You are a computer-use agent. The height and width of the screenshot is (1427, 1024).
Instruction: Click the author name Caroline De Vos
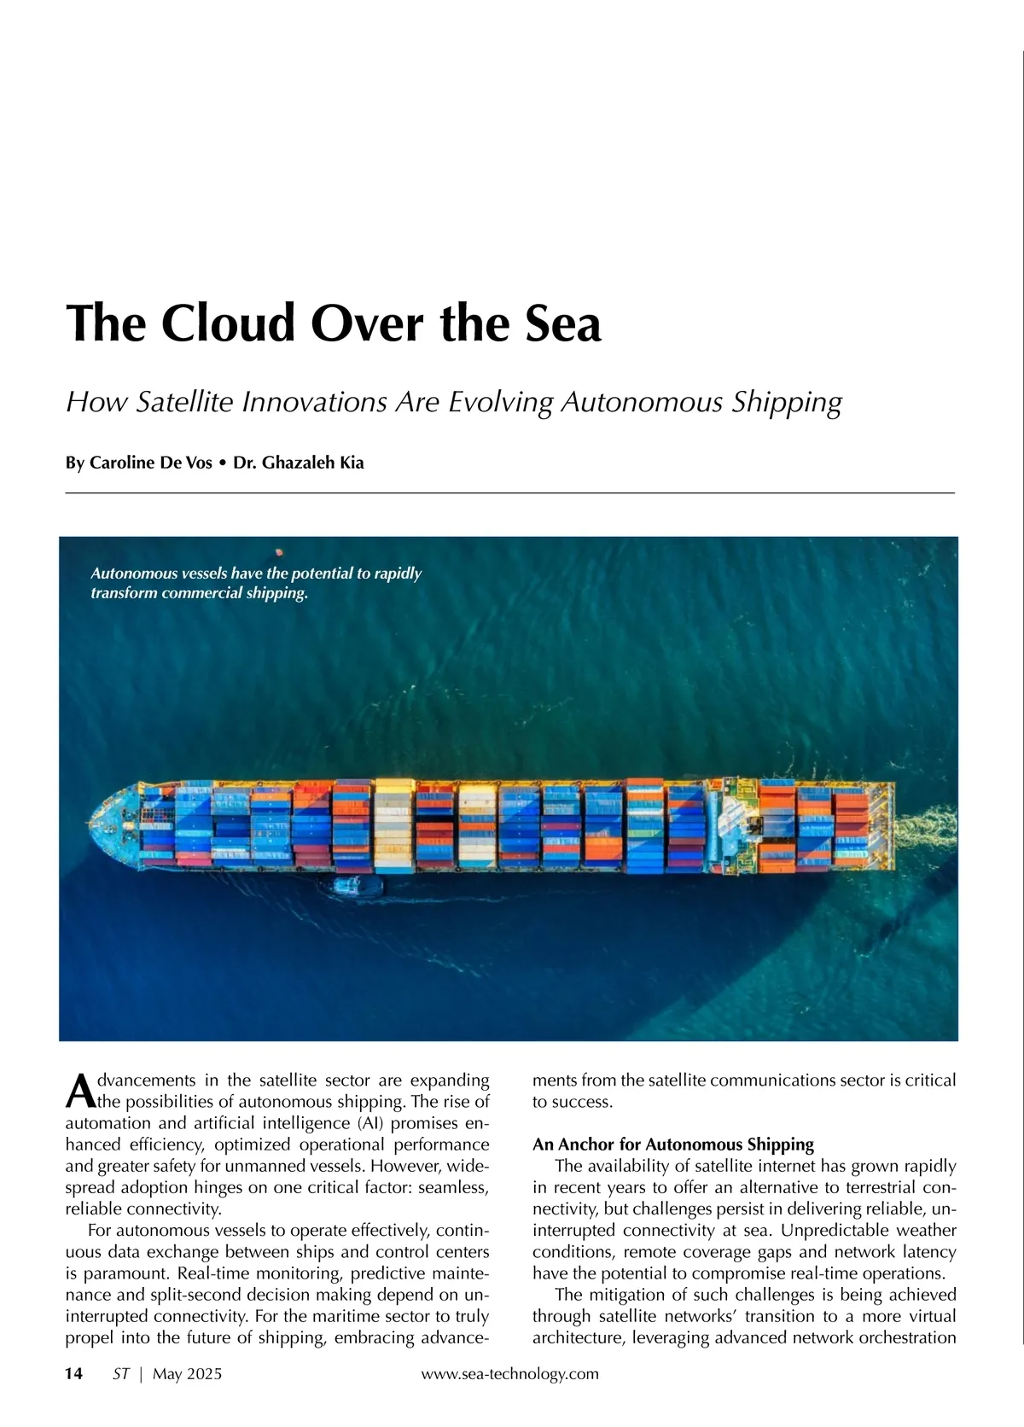pos(151,463)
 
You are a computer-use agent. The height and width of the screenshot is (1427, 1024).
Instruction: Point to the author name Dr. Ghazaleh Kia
pos(299,463)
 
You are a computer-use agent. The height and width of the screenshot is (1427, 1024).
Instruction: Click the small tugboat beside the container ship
pos(350,886)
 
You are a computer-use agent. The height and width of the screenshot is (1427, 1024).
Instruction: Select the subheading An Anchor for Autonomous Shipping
pos(673,1145)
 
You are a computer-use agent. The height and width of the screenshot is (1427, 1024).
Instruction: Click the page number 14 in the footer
pos(74,1373)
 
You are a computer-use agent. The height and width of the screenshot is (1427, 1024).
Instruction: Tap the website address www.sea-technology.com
pos(510,1373)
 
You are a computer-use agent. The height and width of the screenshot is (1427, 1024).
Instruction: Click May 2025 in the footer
pos(187,1373)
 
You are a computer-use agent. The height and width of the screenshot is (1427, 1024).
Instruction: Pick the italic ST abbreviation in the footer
pos(121,1373)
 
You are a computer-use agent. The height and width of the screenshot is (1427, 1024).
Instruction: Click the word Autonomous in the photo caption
pos(133,574)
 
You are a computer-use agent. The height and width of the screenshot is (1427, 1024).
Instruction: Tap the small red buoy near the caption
pos(279,552)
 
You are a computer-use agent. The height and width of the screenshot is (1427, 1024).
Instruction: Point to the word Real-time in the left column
pos(214,1273)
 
